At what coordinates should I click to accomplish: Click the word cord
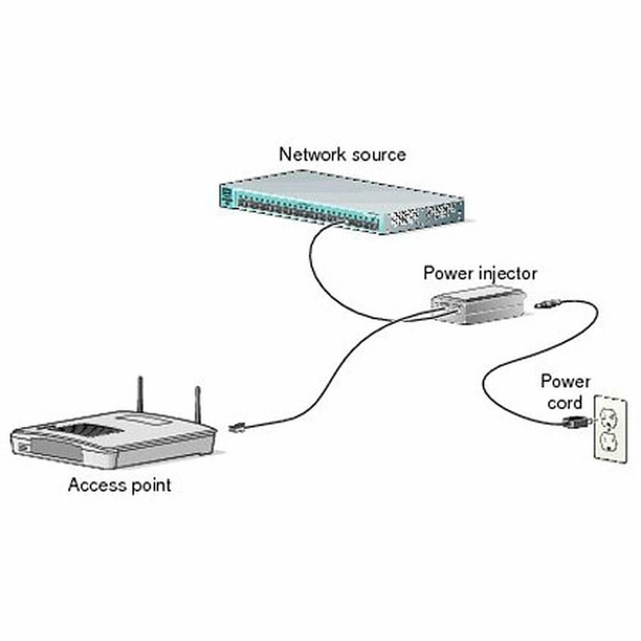[565, 402]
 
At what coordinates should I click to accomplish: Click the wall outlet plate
[609, 427]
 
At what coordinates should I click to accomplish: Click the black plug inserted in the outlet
[574, 422]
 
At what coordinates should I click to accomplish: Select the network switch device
[342, 200]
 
